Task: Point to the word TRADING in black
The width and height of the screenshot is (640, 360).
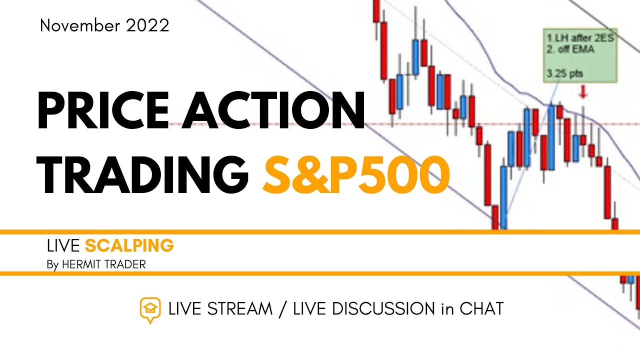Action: pos(142,174)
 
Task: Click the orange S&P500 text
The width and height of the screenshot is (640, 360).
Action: pos(355,174)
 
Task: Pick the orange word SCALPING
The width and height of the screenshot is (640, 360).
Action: pos(129,245)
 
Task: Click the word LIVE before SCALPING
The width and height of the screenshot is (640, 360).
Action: pos(63,245)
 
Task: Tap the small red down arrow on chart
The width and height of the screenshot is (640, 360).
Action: pos(583,92)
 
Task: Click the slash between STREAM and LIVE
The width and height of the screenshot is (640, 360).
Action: pos(283,309)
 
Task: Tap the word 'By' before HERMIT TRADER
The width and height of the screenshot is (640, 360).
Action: pos(52,264)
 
